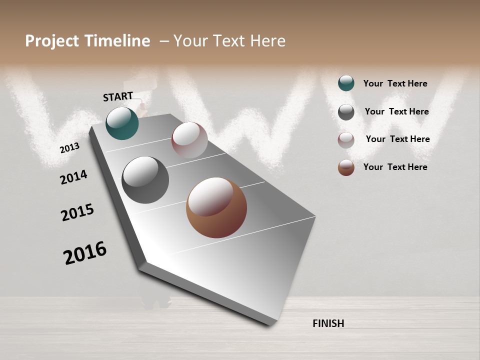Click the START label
point(118,96)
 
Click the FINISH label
point(328,323)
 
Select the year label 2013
point(69,148)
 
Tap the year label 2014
point(73,177)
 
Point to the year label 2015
point(77,212)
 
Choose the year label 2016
point(85,253)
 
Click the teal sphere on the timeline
point(122,123)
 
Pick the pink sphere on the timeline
point(189,140)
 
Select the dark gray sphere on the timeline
point(145,180)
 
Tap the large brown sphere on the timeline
point(216,207)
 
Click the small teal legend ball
point(346,83)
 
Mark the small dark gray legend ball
point(346,112)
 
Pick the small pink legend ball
point(346,140)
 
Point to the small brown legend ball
point(346,167)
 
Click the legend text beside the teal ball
point(395,83)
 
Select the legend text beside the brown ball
point(395,167)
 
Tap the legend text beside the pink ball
point(397,139)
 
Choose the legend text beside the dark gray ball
point(396,111)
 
